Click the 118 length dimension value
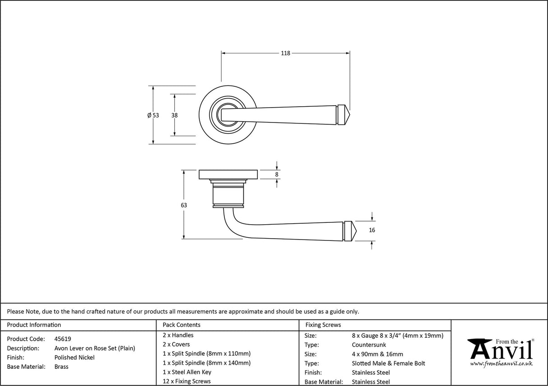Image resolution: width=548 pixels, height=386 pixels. (x=285, y=53)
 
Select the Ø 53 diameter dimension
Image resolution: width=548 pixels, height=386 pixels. (x=153, y=115)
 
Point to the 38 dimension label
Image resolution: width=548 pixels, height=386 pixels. (x=174, y=115)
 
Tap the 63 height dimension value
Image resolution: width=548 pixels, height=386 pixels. (x=184, y=205)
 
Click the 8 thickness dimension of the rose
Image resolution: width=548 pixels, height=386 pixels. (x=277, y=174)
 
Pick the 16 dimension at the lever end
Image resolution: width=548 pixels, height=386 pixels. (x=372, y=230)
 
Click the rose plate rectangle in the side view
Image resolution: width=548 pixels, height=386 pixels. (x=228, y=174)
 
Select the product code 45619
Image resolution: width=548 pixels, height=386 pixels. (x=62, y=339)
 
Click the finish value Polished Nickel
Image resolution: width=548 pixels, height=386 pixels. (x=74, y=358)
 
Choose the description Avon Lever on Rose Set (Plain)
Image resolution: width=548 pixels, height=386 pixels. (x=94, y=348)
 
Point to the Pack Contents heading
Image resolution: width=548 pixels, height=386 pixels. (x=181, y=325)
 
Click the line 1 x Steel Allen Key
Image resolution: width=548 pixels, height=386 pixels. (x=187, y=372)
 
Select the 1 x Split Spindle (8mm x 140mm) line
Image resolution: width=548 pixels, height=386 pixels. (x=206, y=363)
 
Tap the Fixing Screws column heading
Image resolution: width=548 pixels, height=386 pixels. (x=323, y=325)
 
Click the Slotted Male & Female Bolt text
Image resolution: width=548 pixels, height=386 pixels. (x=388, y=363)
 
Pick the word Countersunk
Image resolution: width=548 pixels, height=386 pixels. (x=369, y=345)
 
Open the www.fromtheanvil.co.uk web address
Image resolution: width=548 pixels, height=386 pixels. (x=501, y=364)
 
